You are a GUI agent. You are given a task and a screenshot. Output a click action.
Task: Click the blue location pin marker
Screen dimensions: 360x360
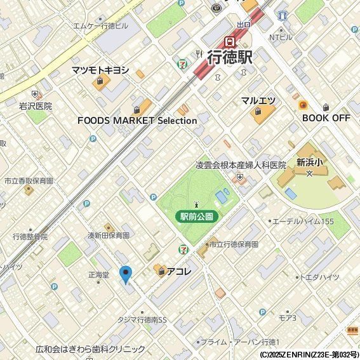[126, 274]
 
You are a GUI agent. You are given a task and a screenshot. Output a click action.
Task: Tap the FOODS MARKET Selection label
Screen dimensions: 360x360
[137, 120]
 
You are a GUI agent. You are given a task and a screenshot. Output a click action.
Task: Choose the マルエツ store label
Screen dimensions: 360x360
[258, 101]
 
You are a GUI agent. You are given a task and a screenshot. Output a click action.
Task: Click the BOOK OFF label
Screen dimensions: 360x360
[326, 118]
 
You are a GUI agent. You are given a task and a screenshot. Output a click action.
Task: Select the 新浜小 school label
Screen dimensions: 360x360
[309, 162]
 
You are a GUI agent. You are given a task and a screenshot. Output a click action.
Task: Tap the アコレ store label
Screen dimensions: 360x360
[179, 272]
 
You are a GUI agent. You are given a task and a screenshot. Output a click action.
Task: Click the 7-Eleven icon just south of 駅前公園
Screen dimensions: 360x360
[183, 248]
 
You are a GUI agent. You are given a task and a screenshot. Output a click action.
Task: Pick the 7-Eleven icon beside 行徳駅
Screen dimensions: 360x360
[183, 63]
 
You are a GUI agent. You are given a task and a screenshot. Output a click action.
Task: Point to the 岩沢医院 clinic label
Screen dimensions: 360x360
[36, 106]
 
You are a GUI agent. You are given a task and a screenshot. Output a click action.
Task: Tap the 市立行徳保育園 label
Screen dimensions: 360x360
[233, 244]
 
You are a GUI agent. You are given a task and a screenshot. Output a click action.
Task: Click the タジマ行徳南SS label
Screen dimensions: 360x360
[142, 319]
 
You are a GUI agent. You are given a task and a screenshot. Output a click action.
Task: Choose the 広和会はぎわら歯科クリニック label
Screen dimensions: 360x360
[90, 349]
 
